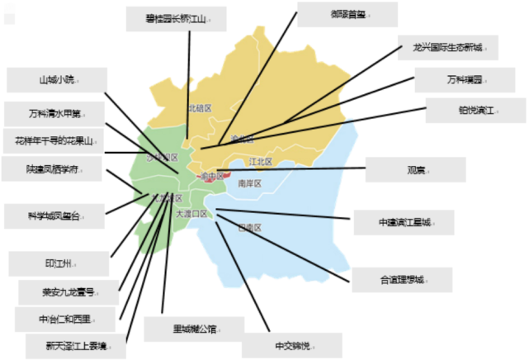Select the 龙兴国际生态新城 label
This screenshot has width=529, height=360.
pyautogui.click(x=449, y=47)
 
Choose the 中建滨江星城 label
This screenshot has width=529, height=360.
pyautogui.click(x=404, y=222)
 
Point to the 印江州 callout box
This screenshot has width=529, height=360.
pyautogui.click(x=59, y=263)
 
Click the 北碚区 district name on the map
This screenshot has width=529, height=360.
pyautogui.click(x=200, y=108)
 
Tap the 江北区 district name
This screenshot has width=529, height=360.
pyautogui.click(x=260, y=161)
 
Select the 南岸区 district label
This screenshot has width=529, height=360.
pyautogui.click(x=248, y=183)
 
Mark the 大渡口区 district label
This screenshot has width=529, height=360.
pyautogui.click(x=191, y=213)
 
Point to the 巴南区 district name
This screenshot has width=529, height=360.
pyautogui.click(x=249, y=226)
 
